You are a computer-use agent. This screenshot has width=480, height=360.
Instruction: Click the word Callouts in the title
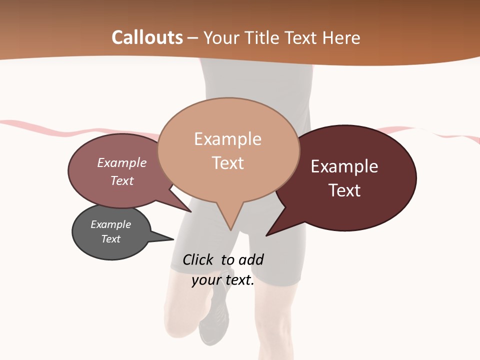[147, 37]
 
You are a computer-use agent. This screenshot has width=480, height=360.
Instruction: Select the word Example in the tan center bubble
[227, 139]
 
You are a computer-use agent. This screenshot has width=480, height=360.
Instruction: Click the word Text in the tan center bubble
[227, 163]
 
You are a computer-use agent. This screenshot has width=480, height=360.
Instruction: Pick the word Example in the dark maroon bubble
[344, 166]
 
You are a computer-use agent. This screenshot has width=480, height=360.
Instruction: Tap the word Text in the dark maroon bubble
[344, 190]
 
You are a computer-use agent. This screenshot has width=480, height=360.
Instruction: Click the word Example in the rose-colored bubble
[121, 163]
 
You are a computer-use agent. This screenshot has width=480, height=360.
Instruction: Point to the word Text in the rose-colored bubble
[121, 181]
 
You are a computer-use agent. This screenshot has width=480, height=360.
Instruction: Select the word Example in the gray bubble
[110, 224]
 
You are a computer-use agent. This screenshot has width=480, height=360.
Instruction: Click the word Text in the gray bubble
[110, 239]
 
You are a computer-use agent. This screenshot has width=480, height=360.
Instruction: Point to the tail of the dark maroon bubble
[272, 231]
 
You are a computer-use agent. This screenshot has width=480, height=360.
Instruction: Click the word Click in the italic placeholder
[197, 259]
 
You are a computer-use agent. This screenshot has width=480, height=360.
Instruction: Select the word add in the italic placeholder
[250, 259]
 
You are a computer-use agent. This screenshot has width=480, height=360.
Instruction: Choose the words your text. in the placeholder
[222, 280]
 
